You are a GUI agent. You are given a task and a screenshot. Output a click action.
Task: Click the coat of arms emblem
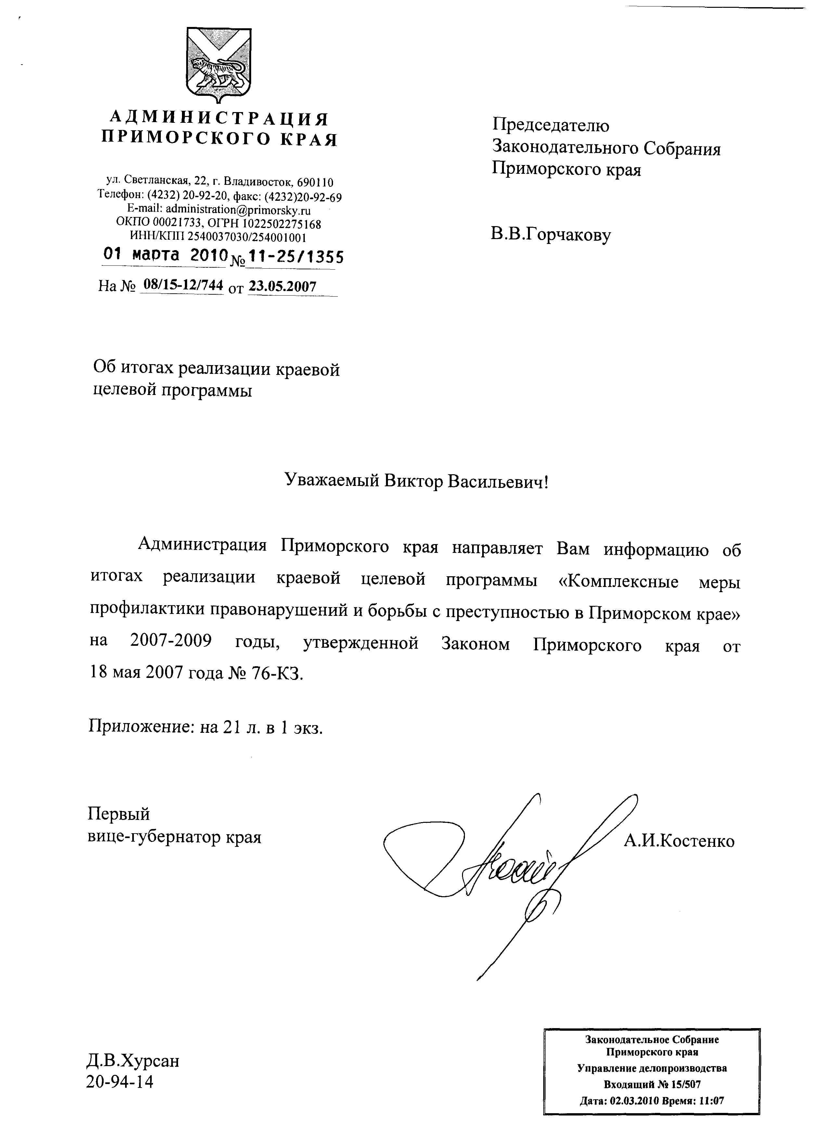tap(219, 65)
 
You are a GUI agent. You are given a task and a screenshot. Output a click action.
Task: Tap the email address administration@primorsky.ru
tap(238, 210)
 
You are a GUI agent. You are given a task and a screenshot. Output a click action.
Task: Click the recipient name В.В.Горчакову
tap(550, 235)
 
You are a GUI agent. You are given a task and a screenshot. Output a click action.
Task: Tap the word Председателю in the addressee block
tap(550, 125)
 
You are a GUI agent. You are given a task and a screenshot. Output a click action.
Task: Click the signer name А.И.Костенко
tap(679, 841)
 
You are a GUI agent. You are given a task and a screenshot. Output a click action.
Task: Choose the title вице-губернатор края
tap(174, 837)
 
